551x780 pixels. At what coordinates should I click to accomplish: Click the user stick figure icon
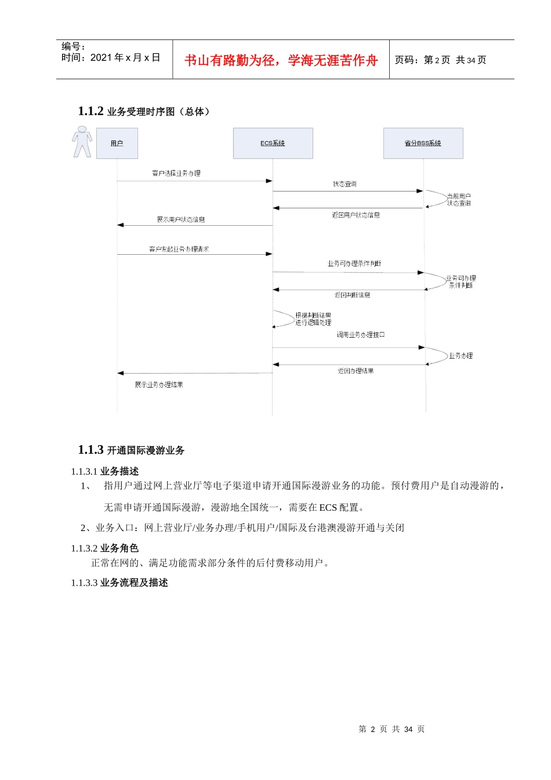click(82, 142)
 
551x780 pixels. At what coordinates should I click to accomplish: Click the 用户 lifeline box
click(117, 143)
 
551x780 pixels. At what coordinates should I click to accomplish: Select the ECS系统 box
click(273, 143)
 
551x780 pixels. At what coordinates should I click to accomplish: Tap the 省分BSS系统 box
click(423, 143)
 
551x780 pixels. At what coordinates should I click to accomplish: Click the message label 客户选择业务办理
click(176, 173)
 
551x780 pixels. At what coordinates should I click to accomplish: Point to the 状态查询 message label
click(345, 184)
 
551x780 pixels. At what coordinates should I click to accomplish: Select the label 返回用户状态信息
click(356, 215)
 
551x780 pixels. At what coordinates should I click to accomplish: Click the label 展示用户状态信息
click(181, 219)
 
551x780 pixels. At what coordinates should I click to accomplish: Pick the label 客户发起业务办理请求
click(179, 249)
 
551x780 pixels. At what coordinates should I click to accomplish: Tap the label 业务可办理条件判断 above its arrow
click(354, 263)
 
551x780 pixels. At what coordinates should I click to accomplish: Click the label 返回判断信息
click(353, 295)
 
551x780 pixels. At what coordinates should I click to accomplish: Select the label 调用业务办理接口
click(360, 335)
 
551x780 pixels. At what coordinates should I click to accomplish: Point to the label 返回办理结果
click(356, 371)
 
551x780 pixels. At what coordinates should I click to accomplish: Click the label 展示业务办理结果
click(159, 385)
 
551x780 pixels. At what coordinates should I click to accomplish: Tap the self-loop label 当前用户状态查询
click(459, 200)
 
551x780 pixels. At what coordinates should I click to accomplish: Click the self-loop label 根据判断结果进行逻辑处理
click(313, 319)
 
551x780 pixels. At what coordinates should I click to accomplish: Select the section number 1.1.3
click(90, 450)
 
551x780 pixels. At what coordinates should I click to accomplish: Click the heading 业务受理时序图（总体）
click(158, 111)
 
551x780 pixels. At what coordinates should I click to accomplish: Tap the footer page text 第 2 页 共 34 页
click(391, 729)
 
